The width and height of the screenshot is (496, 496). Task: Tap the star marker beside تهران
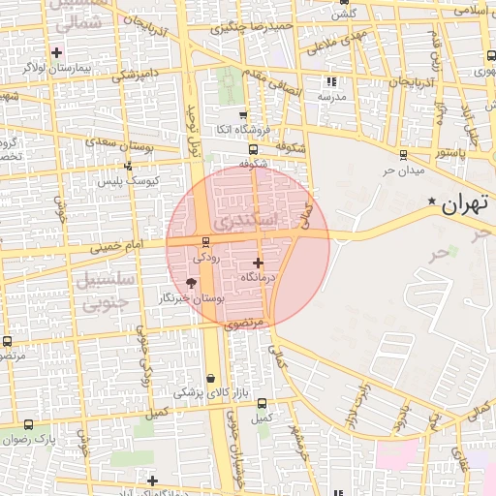point(432,201)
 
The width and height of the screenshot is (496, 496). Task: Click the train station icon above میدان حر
point(402,154)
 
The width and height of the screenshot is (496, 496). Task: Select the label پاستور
point(449,153)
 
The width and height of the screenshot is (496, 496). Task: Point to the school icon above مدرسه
point(332,82)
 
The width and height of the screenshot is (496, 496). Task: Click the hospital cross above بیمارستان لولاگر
point(56,52)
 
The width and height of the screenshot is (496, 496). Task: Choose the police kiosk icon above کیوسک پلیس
point(128,166)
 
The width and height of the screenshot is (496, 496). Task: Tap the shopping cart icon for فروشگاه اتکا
point(243,115)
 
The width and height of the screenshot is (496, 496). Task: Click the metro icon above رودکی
point(204,242)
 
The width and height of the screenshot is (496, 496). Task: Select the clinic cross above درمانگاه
point(258,263)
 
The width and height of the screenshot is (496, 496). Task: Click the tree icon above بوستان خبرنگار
point(190,283)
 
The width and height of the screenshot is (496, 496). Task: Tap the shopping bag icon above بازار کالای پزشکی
point(212,378)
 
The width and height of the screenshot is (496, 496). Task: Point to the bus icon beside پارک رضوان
point(27,424)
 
